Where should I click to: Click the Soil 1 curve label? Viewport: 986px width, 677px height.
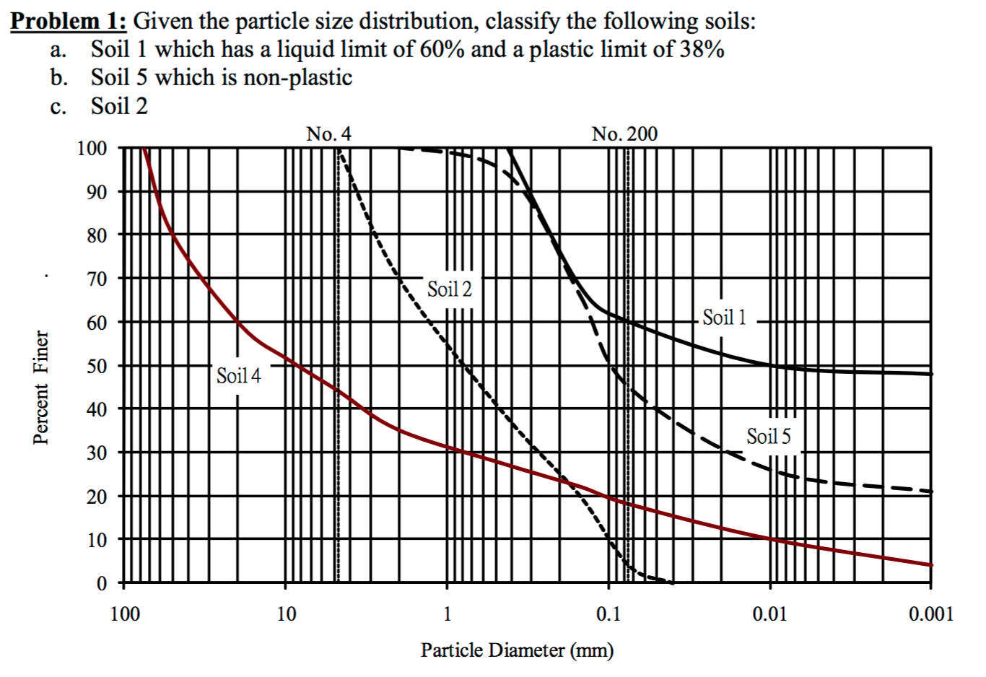click(x=725, y=317)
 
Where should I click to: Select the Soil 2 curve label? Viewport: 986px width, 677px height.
click(x=449, y=289)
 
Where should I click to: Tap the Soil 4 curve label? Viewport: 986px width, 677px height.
click(x=239, y=375)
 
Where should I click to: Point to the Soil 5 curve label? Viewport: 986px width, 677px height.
click(x=768, y=436)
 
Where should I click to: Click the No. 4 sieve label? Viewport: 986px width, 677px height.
click(x=329, y=134)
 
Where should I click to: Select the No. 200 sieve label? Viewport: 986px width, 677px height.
click(x=624, y=134)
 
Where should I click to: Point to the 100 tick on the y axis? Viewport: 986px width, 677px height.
click(x=92, y=149)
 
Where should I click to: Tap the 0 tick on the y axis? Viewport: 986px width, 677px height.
click(x=101, y=582)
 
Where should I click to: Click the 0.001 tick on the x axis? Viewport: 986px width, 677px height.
click(x=931, y=615)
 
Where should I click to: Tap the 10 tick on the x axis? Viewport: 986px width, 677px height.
click(x=286, y=615)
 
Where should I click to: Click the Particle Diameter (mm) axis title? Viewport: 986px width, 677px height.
click(x=517, y=650)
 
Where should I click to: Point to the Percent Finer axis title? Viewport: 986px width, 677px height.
click(x=42, y=388)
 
